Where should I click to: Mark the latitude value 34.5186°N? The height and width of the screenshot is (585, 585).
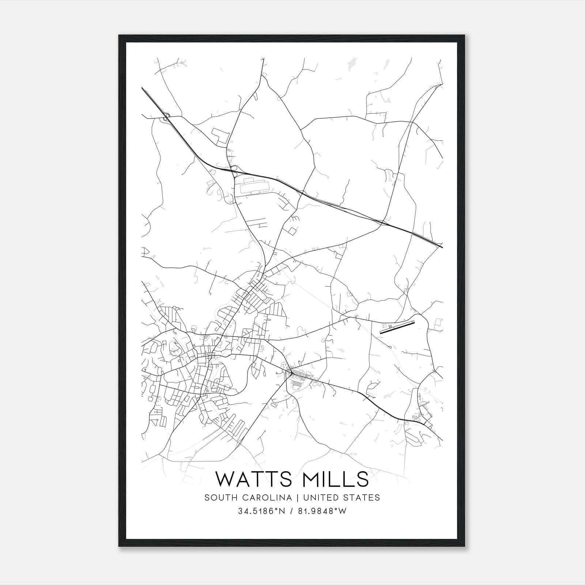point(260,511)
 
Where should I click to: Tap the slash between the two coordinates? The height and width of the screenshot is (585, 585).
point(291,511)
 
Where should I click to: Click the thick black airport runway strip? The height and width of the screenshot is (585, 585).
point(397,328)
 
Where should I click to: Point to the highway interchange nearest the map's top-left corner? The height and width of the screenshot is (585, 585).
point(167,117)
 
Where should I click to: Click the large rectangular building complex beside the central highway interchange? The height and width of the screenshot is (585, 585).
point(253,186)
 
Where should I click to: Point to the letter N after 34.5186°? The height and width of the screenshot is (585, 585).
point(282,511)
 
